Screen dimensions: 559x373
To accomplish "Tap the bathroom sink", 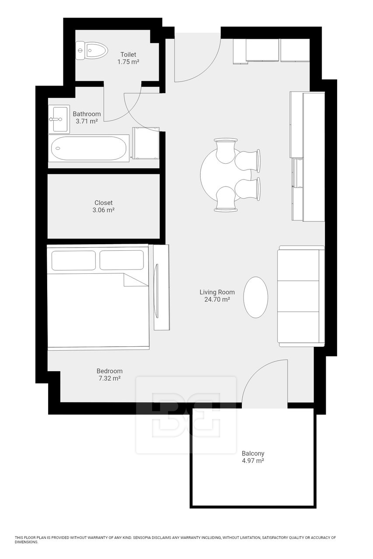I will [x=59, y=118].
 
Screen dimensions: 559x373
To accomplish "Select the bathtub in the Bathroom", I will [x=89, y=148].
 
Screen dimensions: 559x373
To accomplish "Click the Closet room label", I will [x=104, y=203].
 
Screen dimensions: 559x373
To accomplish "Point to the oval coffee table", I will [x=255, y=297].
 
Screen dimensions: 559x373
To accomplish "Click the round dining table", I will [x=219, y=175].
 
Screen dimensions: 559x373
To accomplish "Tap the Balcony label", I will [x=253, y=453].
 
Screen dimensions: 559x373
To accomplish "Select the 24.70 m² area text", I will [x=217, y=300].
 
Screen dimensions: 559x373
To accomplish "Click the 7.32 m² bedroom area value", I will [x=109, y=378].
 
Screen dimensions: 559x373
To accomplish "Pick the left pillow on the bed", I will [x=73, y=260].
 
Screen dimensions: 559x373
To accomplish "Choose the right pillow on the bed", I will [x=122, y=260].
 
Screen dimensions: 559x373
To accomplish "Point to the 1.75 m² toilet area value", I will [x=128, y=62].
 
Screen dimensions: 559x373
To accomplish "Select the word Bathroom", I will [x=87, y=114].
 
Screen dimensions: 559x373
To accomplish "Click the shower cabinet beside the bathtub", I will [x=145, y=143].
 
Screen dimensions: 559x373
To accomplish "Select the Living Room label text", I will [x=217, y=292].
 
